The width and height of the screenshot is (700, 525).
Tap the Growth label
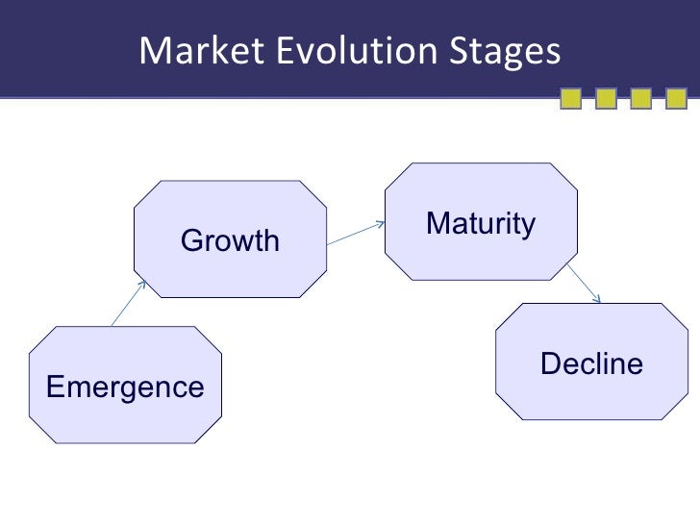230,240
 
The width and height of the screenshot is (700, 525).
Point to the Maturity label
480,224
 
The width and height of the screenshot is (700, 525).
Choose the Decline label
591,364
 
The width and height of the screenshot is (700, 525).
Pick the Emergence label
125,387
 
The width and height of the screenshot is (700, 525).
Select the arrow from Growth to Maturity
355,237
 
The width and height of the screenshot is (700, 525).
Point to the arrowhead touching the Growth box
141,283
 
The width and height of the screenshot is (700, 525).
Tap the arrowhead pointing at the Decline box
597,299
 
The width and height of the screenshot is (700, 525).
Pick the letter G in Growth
191,240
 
